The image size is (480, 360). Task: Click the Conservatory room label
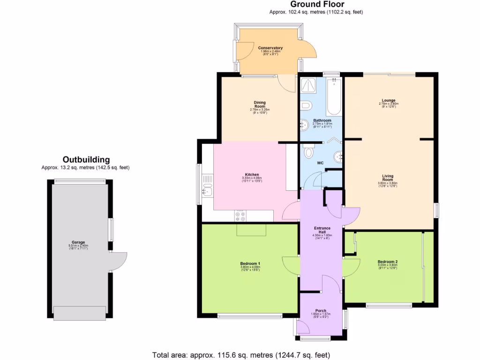click(270, 48)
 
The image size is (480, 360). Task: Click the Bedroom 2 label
click(388, 262)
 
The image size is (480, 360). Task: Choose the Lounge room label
click(388, 100)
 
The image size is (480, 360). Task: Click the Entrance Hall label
click(322, 230)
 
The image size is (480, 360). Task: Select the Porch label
click(321, 311)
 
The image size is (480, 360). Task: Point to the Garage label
click(78, 242)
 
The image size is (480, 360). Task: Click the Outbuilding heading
click(86, 159)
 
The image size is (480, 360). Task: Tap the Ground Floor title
click(317, 5)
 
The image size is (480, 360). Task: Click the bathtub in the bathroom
click(333, 97)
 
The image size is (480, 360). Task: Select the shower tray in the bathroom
click(308, 85)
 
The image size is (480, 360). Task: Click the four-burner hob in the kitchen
click(240, 216)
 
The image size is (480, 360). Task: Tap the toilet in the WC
click(308, 151)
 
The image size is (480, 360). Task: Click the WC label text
click(320, 163)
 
